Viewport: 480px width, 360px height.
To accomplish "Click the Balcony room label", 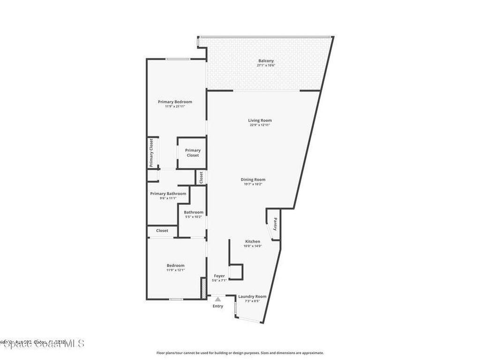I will (x=266, y=61).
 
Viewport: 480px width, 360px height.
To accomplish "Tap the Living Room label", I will (x=260, y=120).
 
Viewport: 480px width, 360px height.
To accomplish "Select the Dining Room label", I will (x=253, y=180).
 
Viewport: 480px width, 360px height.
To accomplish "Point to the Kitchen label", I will (x=252, y=241).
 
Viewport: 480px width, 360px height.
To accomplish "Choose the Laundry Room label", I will (x=252, y=296).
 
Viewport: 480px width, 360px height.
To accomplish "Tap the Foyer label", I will (x=219, y=276).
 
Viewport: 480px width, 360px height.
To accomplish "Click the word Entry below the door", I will (x=218, y=306).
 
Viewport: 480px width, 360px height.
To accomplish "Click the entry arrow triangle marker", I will (x=217, y=299).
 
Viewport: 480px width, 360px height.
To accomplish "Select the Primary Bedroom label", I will (x=175, y=102).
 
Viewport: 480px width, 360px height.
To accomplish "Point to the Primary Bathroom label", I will (x=168, y=194).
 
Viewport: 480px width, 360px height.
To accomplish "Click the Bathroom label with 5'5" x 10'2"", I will (x=194, y=212).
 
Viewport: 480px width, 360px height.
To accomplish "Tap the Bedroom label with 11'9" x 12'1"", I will (x=175, y=265).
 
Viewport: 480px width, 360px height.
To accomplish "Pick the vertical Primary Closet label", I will (x=151, y=153).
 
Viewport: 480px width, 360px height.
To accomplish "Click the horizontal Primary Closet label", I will (x=193, y=153).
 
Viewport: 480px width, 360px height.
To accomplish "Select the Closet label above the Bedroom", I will (x=162, y=231).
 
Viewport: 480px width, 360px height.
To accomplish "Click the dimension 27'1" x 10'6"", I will (x=266, y=66).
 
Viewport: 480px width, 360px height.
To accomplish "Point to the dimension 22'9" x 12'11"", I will (x=260, y=125).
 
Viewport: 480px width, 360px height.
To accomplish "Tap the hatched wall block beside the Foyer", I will (x=203, y=287).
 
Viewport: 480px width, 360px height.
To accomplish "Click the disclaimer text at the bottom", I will (x=240, y=353).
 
